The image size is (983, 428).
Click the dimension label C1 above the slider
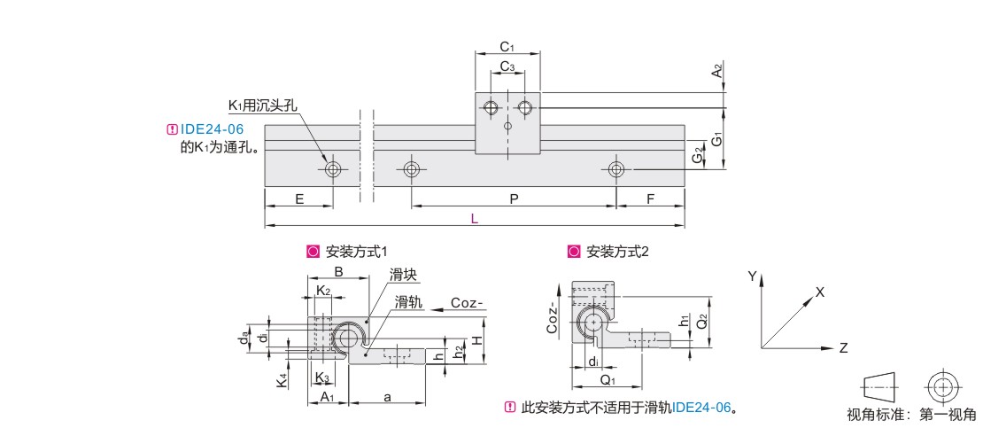point(507,46)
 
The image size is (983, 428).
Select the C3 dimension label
point(507,66)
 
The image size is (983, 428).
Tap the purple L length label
point(475,219)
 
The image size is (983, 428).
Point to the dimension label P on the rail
point(514,199)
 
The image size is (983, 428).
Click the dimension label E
point(299,199)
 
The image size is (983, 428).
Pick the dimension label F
point(650,199)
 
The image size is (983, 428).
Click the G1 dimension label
point(717,139)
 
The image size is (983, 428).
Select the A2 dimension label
point(717,71)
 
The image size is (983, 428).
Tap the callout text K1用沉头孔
point(263,105)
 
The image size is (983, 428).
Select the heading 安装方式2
point(618,251)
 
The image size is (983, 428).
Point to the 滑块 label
point(404,276)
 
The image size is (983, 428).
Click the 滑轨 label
point(408,303)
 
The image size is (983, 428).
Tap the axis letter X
point(820,292)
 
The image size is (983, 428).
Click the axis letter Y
point(752,276)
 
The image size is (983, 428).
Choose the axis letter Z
point(843,348)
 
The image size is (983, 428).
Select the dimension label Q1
point(608,380)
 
